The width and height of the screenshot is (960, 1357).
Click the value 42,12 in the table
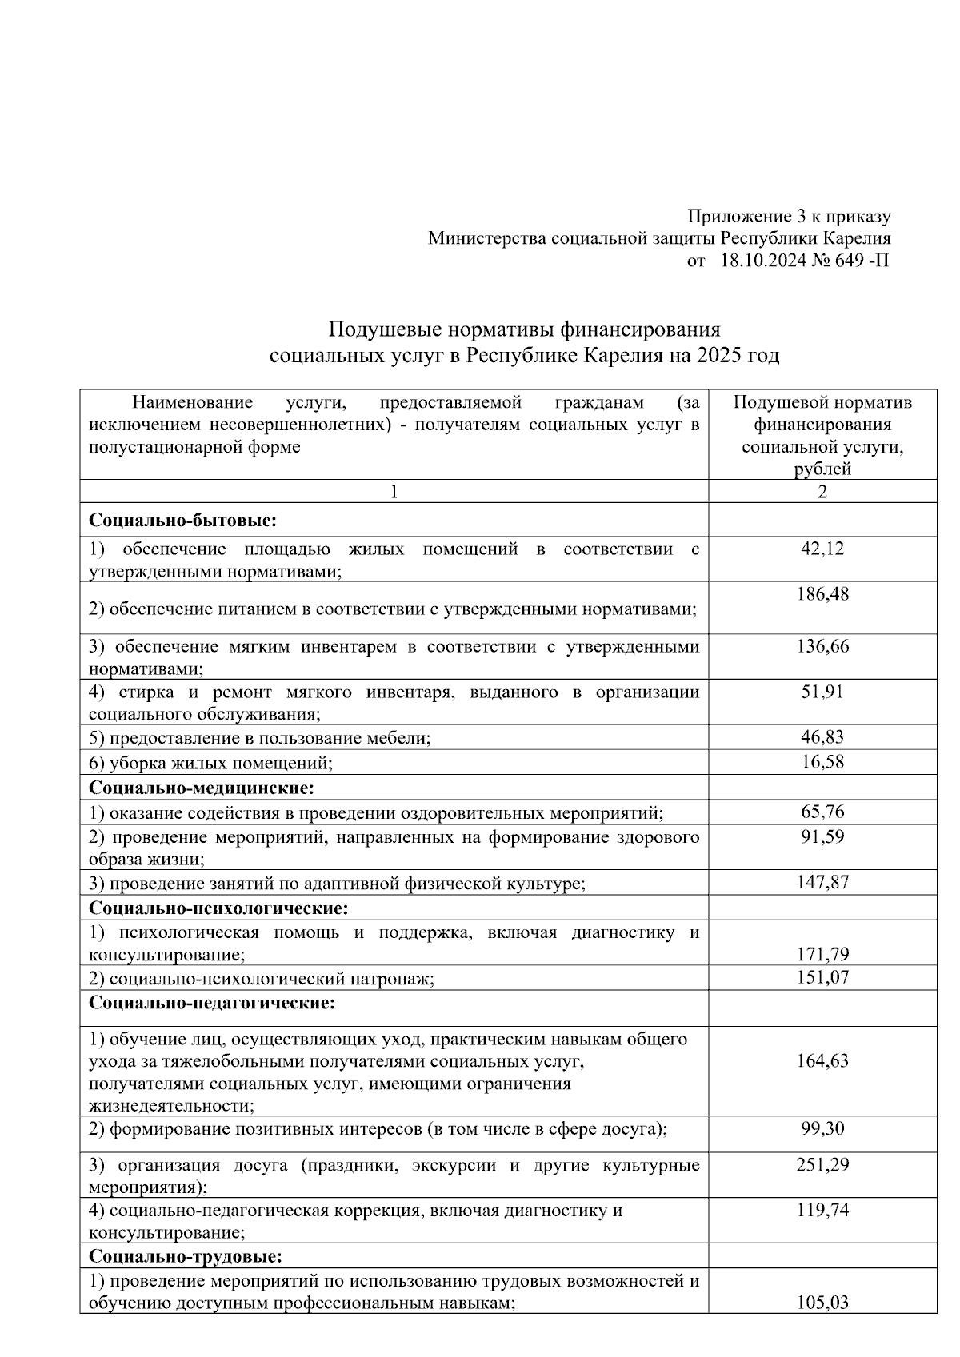[x=822, y=549]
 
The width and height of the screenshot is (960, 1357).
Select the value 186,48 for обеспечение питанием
[x=822, y=594]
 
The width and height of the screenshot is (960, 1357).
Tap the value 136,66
[x=822, y=646]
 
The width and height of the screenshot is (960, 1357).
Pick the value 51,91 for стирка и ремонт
[x=822, y=692]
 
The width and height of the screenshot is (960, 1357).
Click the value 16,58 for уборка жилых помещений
[x=822, y=762]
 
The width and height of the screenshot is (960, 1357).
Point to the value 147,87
[x=822, y=882]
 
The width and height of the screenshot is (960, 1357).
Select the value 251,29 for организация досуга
[x=822, y=1164]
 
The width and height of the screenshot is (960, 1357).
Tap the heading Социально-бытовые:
[x=182, y=521]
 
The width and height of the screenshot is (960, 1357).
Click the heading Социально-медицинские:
[x=201, y=788]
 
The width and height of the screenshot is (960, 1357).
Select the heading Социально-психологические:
[x=218, y=908]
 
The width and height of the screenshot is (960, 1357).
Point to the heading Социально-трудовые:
[x=186, y=1257]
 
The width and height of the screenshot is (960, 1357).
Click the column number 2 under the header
[x=822, y=491]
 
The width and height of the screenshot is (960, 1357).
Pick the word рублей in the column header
[x=822, y=469]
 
